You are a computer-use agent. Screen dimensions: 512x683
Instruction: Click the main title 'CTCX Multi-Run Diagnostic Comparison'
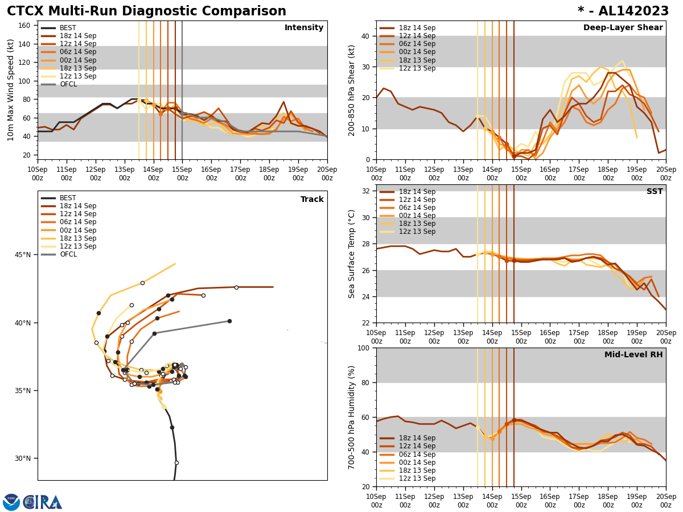(x=146, y=11)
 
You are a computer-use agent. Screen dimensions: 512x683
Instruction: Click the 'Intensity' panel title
(x=304, y=28)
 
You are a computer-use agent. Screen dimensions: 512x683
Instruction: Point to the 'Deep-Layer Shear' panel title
(x=623, y=28)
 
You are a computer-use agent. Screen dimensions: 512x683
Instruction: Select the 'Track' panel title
(x=312, y=200)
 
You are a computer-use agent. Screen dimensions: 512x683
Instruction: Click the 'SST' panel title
(x=654, y=192)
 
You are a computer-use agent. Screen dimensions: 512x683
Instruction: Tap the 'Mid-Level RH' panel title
(x=633, y=355)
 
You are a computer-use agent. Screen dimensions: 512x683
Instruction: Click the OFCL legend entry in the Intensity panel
(x=68, y=84)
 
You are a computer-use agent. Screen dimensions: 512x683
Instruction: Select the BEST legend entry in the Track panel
(x=68, y=198)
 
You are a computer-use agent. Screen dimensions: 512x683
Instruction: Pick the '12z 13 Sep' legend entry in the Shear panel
(x=417, y=68)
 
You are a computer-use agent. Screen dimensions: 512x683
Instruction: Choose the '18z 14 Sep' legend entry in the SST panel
(x=417, y=192)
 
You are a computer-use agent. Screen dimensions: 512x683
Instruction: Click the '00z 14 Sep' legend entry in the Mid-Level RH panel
(x=417, y=463)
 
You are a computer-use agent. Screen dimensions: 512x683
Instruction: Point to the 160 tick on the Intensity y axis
(x=25, y=26)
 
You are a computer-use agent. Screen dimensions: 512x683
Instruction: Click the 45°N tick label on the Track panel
(x=23, y=255)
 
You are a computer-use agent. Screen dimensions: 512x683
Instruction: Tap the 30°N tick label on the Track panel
(x=23, y=459)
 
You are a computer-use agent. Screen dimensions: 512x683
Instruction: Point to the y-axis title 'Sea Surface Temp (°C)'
(x=352, y=254)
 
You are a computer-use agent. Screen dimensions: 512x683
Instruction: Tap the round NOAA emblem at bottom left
(x=11, y=502)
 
